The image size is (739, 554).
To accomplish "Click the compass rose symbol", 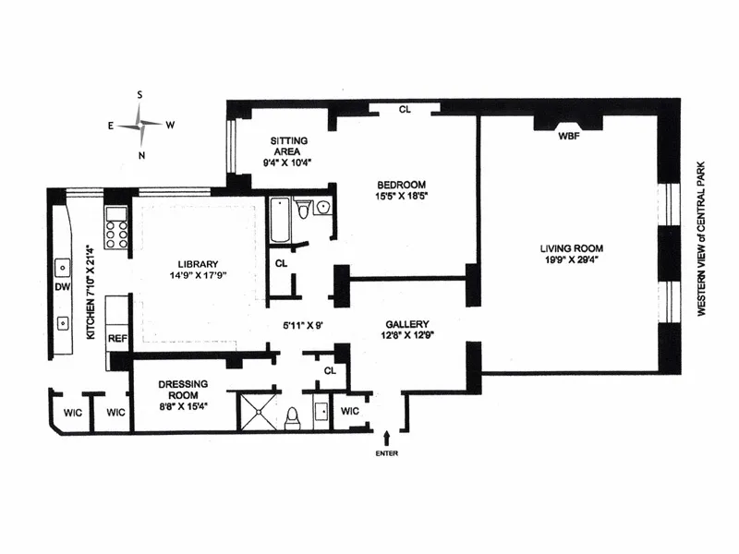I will tap(141, 124).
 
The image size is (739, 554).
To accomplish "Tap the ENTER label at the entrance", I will tap(387, 453).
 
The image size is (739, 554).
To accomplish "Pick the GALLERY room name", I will tap(406, 324).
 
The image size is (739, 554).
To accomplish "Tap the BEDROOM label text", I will tap(406, 183).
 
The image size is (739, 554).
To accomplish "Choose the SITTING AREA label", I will tap(289, 146).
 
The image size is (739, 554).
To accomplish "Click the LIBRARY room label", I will tap(196, 260).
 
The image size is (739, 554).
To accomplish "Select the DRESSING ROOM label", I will tap(181, 390).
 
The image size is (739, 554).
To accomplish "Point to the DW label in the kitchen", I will tap(63, 288).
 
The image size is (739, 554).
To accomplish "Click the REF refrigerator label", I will tap(117, 338).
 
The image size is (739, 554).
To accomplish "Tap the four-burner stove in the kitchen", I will tap(116, 228).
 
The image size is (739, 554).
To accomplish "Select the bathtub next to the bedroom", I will tap(280, 220).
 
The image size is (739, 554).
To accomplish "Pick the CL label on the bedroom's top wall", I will tap(405, 109).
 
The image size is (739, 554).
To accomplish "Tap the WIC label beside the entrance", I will tap(350, 411).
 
